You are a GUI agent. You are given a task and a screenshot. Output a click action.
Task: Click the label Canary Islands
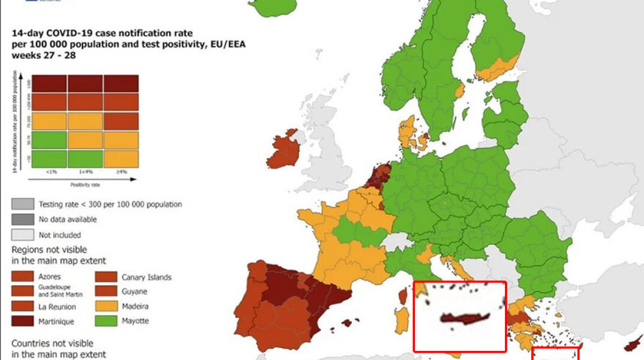click(146, 277)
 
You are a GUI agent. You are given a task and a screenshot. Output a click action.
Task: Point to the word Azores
click(49, 277)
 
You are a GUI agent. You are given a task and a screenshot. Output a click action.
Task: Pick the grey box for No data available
click(22, 220)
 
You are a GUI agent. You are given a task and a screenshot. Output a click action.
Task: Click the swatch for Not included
click(22, 235)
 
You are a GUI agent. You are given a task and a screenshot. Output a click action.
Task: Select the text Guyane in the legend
click(134, 292)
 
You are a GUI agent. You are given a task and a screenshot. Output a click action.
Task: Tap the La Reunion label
click(56, 307)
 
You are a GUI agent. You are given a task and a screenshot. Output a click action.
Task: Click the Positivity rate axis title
click(85, 185)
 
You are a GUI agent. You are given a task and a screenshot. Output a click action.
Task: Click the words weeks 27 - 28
click(43, 55)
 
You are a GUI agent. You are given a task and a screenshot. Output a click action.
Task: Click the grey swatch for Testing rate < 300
click(22, 204)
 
